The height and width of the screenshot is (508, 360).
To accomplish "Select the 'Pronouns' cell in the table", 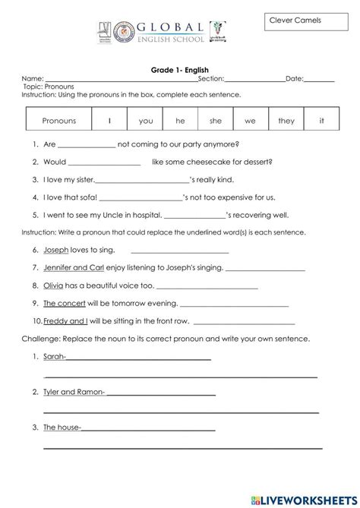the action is (x=59, y=121).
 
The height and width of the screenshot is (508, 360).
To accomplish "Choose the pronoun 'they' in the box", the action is (x=286, y=121).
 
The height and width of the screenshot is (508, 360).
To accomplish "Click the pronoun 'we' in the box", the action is (x=250, y=121).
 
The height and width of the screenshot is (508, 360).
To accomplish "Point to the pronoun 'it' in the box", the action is (x=321, y=121).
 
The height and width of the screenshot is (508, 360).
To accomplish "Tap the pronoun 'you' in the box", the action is (x=146, y=121).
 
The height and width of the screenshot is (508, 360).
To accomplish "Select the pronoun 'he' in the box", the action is (x=180, y=121).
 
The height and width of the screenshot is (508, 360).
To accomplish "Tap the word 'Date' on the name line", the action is (x=294, y=78).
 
